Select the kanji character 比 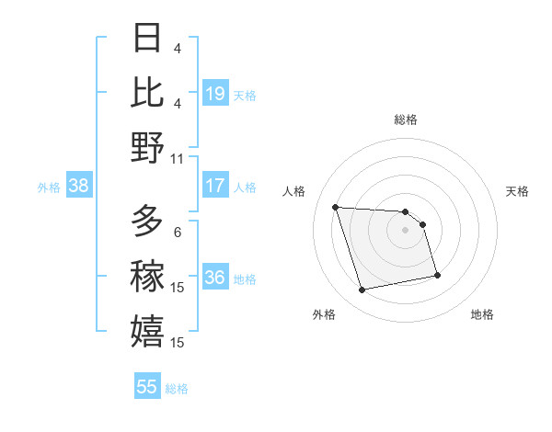[x=147, y=93]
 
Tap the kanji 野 [x=147, y=146]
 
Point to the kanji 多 [x=147, y=221]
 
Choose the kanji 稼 [x=147, y=276]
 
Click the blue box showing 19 [x=215, y=94]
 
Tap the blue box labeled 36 [x=215, y=279]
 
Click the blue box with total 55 [x=147, y=387]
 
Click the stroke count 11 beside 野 [x=178, y=158]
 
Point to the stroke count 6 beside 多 [x=178, y=232]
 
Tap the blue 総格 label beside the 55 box [x=177, y=389]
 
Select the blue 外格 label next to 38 [x=49, y=188]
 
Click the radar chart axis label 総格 [x=406, y=119]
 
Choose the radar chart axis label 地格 [x=482, y=314]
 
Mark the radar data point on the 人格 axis [x=335, y=207]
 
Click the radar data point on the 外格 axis [x=362, y=290]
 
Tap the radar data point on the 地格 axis [x=437, y=275]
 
